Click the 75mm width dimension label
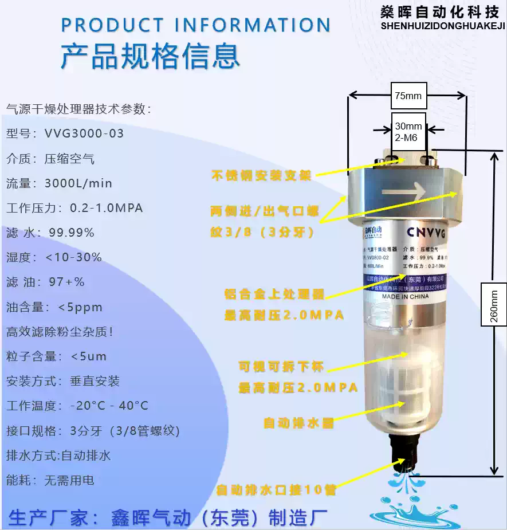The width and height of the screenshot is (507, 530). click(408, 96)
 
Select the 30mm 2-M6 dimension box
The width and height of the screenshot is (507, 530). click(408, 131)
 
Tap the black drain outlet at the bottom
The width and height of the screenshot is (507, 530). click(404, 449)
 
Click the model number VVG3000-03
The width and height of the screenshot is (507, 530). click(84, 134)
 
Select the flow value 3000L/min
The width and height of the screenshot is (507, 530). click(78, 183)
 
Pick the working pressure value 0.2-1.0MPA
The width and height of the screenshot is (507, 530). click(106, 208)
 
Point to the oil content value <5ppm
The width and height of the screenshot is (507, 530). click(80, 307)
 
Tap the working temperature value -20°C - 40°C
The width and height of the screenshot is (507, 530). click(109, 406)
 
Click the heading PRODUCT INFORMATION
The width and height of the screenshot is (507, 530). click(196, 25)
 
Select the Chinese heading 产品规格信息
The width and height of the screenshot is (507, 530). click(150, 56)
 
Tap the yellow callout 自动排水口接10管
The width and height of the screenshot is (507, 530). click(276, 490)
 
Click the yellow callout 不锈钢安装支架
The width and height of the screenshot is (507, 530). click(261, 175)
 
